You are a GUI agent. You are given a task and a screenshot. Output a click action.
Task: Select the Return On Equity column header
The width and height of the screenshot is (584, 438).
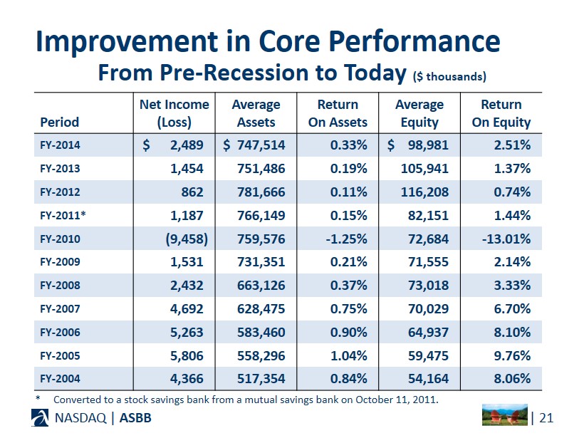tap(501, 113)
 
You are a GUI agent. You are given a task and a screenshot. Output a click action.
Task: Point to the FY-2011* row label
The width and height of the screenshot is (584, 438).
tap(63, 215)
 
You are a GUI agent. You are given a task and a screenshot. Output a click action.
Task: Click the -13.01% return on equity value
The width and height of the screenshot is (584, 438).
tap(506, 239)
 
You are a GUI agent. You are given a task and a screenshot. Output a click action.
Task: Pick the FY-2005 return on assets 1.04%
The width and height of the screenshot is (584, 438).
tap(349, 355)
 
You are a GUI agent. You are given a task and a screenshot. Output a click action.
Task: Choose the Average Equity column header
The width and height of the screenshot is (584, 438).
tap(419, 113)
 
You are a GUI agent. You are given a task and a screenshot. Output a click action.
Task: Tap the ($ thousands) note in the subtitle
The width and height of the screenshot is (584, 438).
tap(449, 76)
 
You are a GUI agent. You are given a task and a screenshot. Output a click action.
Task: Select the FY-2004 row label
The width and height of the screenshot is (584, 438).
tap(60, 379)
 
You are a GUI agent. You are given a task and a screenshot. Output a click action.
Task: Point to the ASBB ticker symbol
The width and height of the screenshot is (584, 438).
tap(135, 418)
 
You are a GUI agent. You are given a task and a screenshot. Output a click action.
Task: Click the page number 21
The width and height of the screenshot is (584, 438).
tap(546, 418)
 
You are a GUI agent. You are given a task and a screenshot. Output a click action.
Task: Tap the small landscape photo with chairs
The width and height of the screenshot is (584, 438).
tap(505, 415)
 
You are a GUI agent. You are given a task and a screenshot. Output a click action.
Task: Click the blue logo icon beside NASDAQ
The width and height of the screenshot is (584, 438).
tap(40, 417)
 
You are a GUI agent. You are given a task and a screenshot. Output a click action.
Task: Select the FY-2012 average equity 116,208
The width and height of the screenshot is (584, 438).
tap(424, 192)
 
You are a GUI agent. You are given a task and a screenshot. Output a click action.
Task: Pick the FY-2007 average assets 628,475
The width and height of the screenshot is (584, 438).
tap(261, 309)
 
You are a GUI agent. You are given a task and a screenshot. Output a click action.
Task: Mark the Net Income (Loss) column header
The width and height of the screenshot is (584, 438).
tap(174, 113)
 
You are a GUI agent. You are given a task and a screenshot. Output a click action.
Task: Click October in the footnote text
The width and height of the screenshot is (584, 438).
tap(374, 400)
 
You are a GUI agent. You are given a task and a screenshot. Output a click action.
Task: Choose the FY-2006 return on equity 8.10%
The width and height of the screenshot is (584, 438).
tap(512, 332)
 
